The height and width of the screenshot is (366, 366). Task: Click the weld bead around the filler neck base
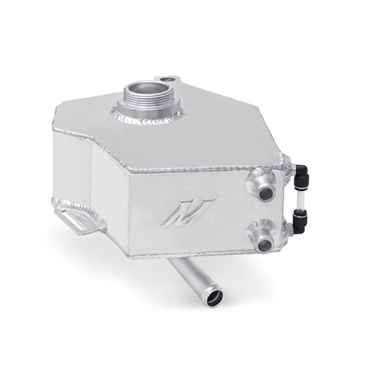pyautogui.click(x=140, y=119)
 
